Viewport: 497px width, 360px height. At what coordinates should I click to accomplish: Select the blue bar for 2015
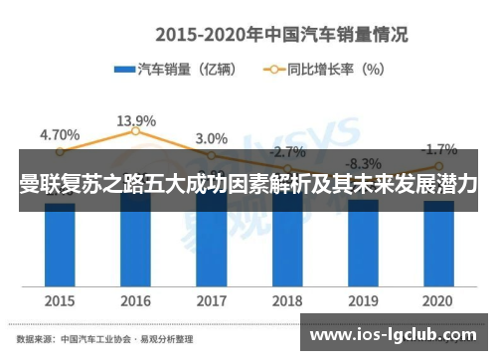coord(60,244)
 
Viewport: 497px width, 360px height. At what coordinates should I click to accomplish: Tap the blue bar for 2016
coord(135,244)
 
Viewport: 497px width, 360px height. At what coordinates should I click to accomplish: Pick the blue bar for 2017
coord(211,244)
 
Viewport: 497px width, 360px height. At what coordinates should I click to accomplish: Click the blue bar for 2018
coord(286,244)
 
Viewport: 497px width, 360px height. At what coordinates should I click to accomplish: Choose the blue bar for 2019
coord(362,244)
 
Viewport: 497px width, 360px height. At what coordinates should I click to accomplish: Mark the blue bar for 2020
coord(437,244)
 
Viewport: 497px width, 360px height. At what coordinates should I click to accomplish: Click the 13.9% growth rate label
coord(135,120)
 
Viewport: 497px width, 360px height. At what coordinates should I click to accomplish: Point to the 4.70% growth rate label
coord(60,134)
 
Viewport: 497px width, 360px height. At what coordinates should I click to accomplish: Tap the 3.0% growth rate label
coord(211,138)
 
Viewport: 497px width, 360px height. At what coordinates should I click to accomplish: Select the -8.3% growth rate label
coord(362,164)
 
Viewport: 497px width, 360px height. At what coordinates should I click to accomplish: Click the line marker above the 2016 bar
coord(135,132)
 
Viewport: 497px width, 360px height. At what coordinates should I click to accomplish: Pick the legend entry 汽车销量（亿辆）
coord(175,70)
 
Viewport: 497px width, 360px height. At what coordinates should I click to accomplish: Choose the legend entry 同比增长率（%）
coord(323,70)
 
